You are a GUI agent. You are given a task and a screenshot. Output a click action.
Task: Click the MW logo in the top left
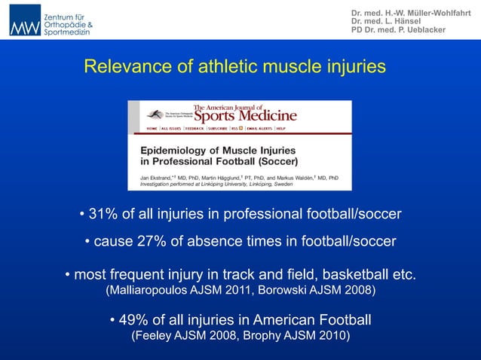24,20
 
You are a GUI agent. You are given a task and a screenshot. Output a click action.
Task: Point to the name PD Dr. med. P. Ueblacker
398,30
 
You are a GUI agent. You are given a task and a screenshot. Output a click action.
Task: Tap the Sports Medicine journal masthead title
245,116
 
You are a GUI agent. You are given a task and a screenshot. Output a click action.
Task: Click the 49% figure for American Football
133,321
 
